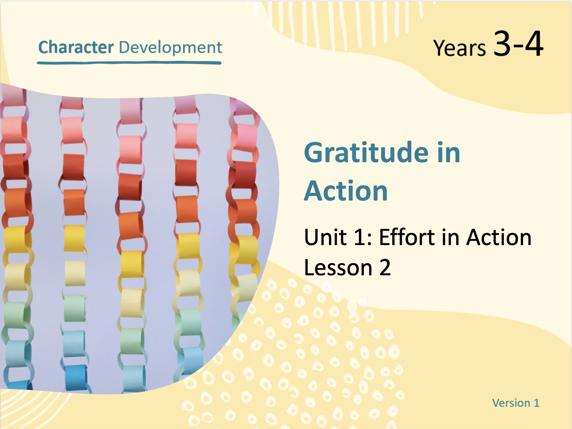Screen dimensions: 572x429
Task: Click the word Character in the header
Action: (x=76, y=47)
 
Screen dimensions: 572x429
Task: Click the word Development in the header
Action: (x=170, y=48)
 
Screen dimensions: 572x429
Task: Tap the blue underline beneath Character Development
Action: (x=129, y=63)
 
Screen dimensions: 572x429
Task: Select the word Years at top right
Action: (x=460, y=48)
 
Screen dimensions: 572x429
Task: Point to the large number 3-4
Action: (x=518, y=43)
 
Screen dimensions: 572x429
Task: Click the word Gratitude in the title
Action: (x=366, y=153)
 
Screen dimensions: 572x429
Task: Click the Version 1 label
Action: (x=516, y=403)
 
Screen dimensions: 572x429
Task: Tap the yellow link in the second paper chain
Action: (x=74, y=238)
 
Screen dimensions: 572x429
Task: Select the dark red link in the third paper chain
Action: (x=129, y=187)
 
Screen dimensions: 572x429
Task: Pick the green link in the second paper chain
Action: (x=75, y=308)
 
